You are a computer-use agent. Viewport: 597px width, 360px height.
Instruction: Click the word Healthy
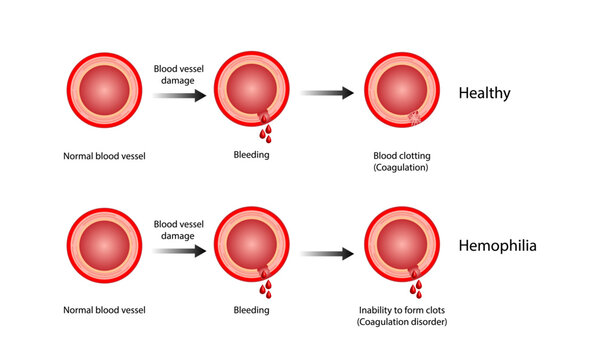pyautogui.click(x=484, y=94)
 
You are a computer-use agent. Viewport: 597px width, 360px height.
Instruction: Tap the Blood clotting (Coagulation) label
pyautogui.click(x=400, y=162)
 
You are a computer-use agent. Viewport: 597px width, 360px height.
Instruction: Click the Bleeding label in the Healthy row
pyautogui.click(x=251, y=156)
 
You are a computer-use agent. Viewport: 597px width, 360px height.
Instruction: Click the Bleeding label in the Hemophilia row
pyautogui.click(x=251, y=310)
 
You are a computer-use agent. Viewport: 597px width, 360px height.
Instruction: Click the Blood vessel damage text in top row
pyautogui.click(x=179, y=75)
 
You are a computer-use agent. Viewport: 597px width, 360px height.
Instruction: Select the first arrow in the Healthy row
pyautogui.click(x=180, y=95)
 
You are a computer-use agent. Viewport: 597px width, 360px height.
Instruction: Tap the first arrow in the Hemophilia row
pyautogui.click(x=180, y=251)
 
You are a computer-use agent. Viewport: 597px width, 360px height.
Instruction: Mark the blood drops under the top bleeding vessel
pyautogui.click(x=266, y=129)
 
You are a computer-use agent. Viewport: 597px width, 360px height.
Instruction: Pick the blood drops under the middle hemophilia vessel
pyautogui.click(x=266, y=285)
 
